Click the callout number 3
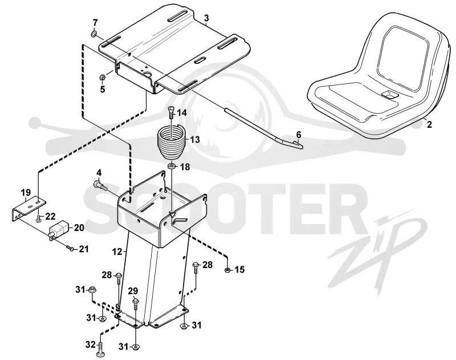point(206,18)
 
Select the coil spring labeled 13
point(172,141)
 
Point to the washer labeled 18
point(172,166)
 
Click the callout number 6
point(299,135)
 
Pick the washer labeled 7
point(94,34)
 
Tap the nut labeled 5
point(103,78)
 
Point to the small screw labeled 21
point(70,248)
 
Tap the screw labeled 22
point(39,219)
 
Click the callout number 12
point(117,252)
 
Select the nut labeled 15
point(227,270)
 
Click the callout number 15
point(239,269)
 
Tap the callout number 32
point(91,345)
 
